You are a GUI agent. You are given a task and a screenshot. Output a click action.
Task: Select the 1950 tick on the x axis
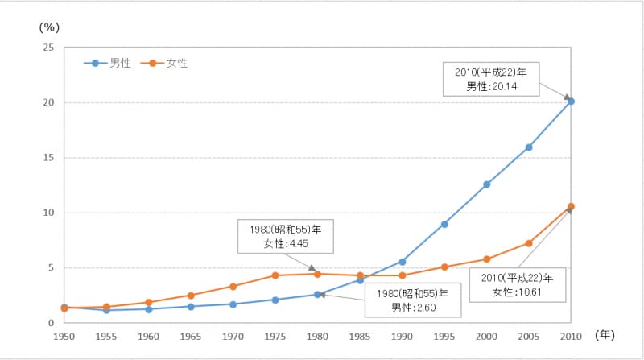point(64,334)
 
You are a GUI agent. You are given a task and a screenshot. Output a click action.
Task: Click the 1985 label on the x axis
point(360,334)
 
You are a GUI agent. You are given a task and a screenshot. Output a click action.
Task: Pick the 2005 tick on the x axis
point(529,334)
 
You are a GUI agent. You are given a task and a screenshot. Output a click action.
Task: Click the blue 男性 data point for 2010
point(572,101)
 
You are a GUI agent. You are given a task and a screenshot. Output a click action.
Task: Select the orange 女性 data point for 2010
point(572,206)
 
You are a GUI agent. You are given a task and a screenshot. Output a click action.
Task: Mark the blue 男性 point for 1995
point(444,224)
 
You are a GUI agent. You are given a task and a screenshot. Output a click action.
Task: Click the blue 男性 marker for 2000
point(487,184)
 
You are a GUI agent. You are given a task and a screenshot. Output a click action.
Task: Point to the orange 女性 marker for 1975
point(275,275)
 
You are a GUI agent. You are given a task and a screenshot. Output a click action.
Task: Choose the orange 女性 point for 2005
point(529,243)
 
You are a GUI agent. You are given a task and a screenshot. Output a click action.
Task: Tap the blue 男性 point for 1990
point(402,262)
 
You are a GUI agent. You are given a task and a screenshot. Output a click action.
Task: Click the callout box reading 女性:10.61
point(518,284)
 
